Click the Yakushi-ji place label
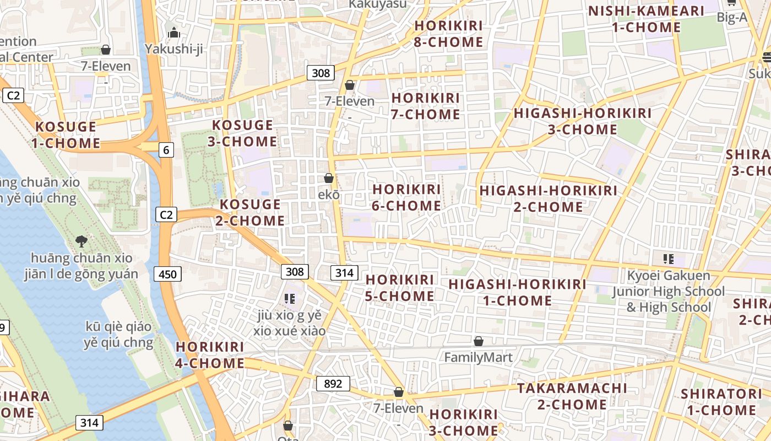click(174, 49)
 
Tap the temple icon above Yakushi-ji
click(174, 33)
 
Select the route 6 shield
click(166, 149)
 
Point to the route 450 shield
click(167, 274)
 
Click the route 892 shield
click(333, 384)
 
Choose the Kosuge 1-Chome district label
click(66, 135)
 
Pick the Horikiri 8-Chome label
click(448, 34)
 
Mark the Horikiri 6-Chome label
click(406, 197)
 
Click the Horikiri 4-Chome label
click(210, 355)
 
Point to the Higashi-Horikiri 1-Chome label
click(517, 292)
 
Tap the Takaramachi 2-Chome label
click(572, 396)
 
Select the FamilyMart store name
click(478, 358)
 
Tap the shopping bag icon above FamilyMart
click(479, 342)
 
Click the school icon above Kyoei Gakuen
click(669, 259)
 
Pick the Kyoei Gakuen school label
click(669, 291)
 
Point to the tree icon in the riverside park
click(81, 241)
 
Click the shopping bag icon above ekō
click(329, 178)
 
